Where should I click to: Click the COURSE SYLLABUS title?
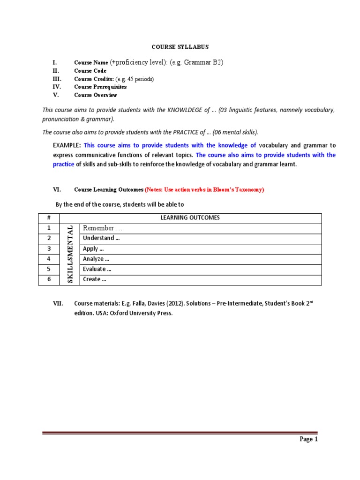[180, 47]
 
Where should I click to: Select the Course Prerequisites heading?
[100, 87]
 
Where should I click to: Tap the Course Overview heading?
[96, 95]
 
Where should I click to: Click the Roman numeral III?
[56, 79]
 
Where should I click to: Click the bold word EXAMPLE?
[67, 145]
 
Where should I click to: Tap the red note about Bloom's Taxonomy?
[204, 190]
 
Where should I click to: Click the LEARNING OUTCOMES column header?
[190, 218]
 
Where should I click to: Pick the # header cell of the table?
[48, 218]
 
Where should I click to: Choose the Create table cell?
[94, 279]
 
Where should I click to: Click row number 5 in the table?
[48, 269]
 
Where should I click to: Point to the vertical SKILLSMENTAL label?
[70, 254]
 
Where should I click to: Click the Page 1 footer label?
[309, 440]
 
